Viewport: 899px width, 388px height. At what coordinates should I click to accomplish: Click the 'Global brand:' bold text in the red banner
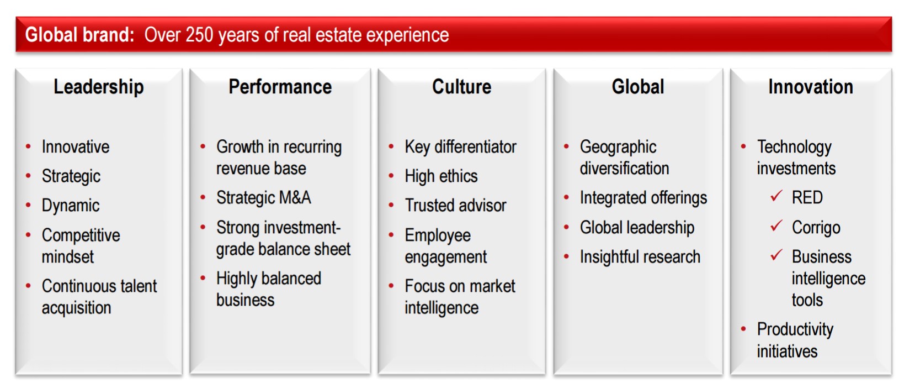[x=79, y=35]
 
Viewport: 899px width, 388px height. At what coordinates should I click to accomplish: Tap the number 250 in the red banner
[x=199, y=35]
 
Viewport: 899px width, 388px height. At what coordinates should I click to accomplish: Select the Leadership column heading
[x=99, y=87]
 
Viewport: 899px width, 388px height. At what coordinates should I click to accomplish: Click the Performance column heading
[x=280, y=87]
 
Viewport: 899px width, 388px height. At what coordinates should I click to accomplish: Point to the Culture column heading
[x=461, y=87]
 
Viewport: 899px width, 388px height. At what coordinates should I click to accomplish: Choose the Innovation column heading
[x=811, y=87]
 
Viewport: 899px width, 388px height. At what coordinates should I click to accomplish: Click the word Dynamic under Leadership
[x=71, y=206]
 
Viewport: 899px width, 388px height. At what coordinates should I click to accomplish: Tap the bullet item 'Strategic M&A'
[x=264, y=197]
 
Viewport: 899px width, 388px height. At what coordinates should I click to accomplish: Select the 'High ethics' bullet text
[x=441, y=176]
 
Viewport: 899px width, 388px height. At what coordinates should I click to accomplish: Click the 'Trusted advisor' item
[x=455, y=206]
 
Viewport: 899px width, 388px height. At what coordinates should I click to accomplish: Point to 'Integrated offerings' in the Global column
[x=643, y=198]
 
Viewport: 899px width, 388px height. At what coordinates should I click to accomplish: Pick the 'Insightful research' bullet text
[x=640, y=257]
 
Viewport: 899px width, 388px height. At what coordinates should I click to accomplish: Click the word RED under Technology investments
[x=807, y=197]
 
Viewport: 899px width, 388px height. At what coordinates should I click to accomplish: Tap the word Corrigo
[x=816, y=228]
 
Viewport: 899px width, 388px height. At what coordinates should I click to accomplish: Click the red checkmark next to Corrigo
[x=776, y=226]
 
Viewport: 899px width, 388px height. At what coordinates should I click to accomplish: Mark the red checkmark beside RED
[x=776, y=196]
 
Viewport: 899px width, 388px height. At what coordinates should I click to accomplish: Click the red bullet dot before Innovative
[x=28, y=146]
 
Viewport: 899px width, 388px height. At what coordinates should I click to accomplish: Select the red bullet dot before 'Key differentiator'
[x=391, y=146]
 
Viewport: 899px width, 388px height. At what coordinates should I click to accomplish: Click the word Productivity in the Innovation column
[x=795, y=330]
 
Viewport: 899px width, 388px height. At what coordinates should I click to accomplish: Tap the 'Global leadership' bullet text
[x=637, y=228]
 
